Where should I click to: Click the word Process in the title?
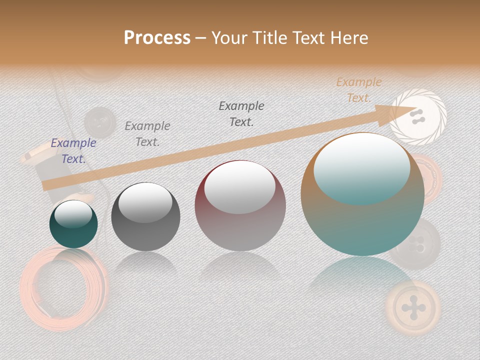pos(157,38)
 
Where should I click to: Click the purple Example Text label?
pos(73,151)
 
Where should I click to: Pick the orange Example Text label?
pos(358,90)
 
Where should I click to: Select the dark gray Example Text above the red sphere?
pos(241,114)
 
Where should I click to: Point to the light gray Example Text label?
pos(147,134)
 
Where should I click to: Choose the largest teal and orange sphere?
pos(362,200)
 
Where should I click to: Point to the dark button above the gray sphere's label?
pos(100,121)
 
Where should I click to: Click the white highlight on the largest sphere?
pos(361,167)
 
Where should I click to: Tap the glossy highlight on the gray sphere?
pos(145,202)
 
